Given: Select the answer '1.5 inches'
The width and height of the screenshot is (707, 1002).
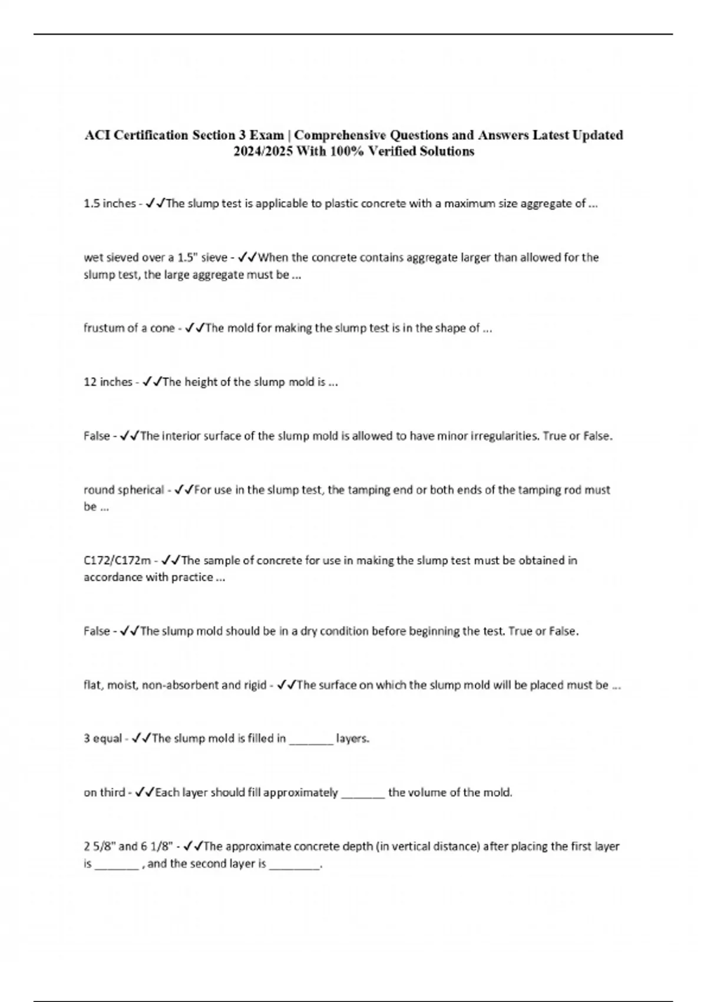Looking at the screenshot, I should point(110,204).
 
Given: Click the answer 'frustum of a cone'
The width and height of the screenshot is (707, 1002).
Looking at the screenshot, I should point(129,328).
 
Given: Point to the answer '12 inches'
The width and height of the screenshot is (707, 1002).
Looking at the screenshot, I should point(108,382).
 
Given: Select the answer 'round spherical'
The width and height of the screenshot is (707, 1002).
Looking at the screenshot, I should point(124,490).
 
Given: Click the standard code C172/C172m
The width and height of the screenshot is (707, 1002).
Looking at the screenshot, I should point(117,561).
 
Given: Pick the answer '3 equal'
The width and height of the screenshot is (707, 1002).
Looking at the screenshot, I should point(103,739).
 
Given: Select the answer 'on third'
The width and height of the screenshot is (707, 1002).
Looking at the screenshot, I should point(104,793).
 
